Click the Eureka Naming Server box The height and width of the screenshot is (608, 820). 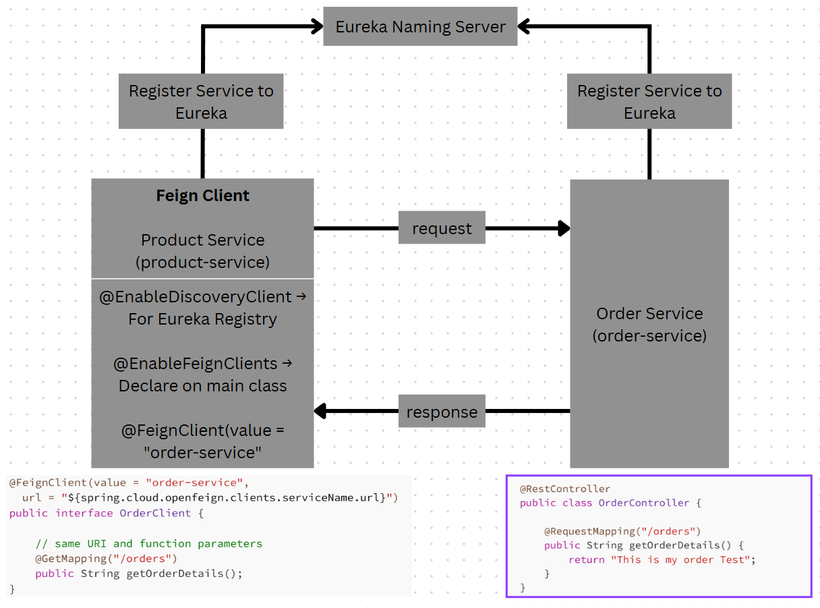[x=420, y=27]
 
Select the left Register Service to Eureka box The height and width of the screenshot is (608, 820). [x=201, y=102]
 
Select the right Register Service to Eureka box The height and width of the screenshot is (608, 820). [x=649, y=102]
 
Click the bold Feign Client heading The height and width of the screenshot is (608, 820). [x=202, y=196]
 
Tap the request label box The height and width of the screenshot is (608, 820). [x=442, y=229]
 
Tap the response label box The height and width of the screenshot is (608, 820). [x=442, y=412]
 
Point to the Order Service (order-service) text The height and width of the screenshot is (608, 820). [x=649, y=325]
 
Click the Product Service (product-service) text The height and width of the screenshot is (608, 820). [x=202, y=251]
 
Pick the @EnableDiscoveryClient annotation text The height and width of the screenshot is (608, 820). [x=196, y=297]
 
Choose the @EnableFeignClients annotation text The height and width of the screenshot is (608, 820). [x=196, y=364]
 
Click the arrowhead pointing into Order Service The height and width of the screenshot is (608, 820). [x=563, y=229]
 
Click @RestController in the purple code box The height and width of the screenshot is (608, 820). [x=565, y=489]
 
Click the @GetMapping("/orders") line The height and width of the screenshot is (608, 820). [x=106, y=559]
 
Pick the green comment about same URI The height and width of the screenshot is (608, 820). [x=148, y=543]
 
